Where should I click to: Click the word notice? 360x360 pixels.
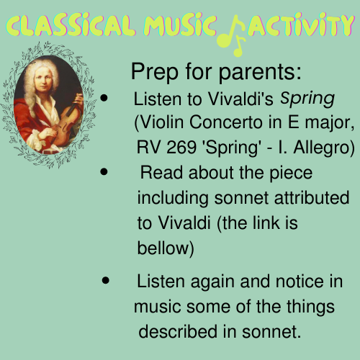click(x=289, y=282)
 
